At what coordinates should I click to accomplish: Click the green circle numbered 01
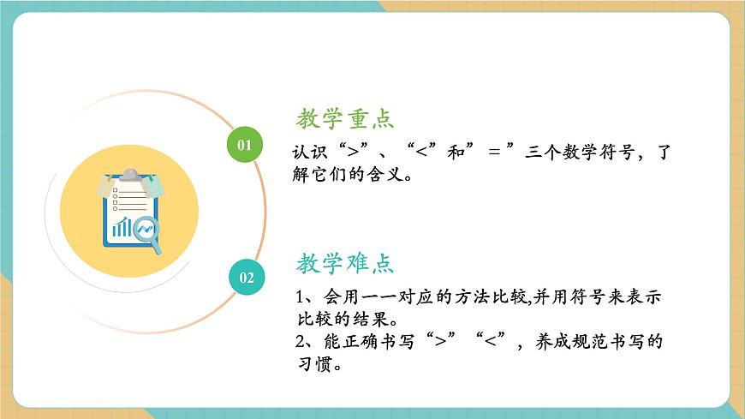[245, 144]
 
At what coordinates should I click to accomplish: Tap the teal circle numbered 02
[247, 277]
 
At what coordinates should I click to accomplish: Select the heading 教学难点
[345, 262]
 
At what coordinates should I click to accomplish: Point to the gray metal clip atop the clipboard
[128, 176]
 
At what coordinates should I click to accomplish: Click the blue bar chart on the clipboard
[122, 227]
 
